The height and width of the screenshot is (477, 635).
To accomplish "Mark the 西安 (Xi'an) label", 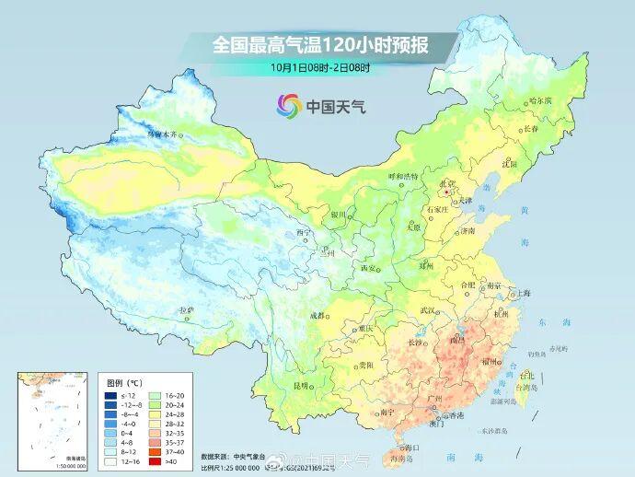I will pos(368,267).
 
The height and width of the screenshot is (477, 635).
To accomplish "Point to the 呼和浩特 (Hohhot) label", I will pos(402,175).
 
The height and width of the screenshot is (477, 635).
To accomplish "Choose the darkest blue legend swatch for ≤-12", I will pos(110,394).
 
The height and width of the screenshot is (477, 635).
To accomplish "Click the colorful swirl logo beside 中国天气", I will pos(289,105).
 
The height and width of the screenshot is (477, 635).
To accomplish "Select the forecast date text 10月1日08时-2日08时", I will pos(320,66).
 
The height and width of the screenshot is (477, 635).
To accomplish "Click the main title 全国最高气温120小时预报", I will pos(321,44).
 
